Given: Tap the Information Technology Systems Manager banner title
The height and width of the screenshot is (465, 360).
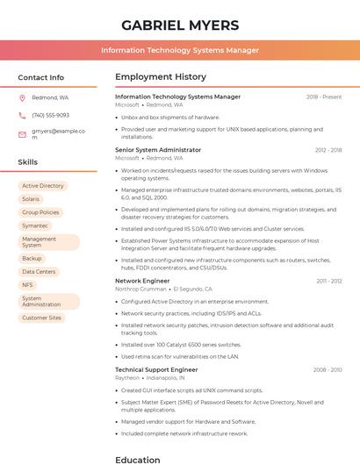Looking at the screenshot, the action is pyautogui.click(x=179, y=50).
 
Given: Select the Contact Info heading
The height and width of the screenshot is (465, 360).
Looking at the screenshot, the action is pyautogui.click(x=40, y=77).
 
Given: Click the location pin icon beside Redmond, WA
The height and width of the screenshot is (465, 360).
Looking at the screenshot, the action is pyautogui.click(x=22, y=97).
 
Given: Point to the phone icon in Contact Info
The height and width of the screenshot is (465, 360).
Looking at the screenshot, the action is pyautogui.click(x=22, y=115).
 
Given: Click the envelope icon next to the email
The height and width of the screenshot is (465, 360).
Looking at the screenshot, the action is pyautogui.click(x=22, y=134).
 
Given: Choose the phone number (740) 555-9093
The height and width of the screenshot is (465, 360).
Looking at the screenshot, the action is pyautogui.click(x=50, y=115).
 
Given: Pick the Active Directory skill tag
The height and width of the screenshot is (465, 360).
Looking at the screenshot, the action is pyautogui.click(x=42, y=186).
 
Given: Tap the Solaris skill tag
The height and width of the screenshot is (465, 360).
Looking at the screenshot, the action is pyautogui.click(x=31, y=199).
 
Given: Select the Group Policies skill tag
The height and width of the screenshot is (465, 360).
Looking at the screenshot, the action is pyautogui.click(x=40, y=212).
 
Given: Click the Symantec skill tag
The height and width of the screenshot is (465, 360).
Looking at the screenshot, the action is pyautogui.click(x=35, y=225).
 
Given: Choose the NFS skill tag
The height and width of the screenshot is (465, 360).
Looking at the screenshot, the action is pyautogui.click(x=27, y=285).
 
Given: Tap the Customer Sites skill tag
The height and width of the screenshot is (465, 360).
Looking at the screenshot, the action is pyautogui.click(x=41, y=318).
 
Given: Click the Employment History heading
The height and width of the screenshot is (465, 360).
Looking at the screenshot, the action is pyautogui.click(x=161, y=77).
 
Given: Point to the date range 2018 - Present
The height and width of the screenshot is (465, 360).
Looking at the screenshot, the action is pyautogui.click(x=324, y=97).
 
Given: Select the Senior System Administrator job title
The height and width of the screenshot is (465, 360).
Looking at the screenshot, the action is pyautogui.click(x=158, y=150).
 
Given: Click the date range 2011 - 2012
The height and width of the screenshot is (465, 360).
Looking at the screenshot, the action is pyautogui.click(x=329, y=281).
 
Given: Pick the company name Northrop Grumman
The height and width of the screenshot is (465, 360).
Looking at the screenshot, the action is pyautogui.click(x=140, y=289).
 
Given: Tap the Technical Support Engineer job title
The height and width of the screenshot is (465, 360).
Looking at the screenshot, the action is pyautogui.click(x=156, y=369).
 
